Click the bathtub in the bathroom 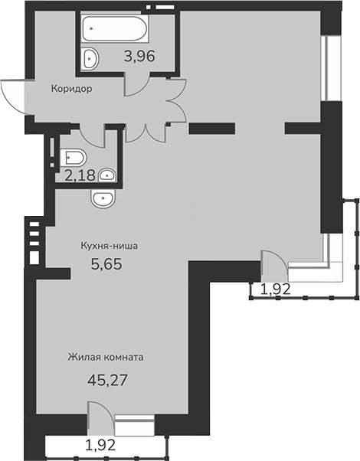click(114, 28)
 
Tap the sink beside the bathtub click(90, 58)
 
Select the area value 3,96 click(139, 56)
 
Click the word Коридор click(71, 88)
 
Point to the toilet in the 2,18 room click(73, 157)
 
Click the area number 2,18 click(80, 175)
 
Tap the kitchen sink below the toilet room click(103, 198)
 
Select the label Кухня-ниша click(109, 246)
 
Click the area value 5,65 click(106, 263)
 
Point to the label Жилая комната click(106, 357)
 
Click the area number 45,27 click(107, 380)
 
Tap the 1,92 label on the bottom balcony click(100, 445)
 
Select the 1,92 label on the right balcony click(276, 289)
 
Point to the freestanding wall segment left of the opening click(211, 129)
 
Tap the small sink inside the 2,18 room click(106, 175)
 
